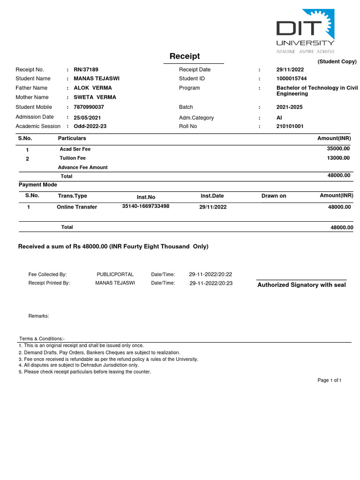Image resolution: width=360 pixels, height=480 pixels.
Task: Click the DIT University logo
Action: (x=305, y=31)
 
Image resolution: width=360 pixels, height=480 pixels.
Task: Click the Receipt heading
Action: (x=185, y=56)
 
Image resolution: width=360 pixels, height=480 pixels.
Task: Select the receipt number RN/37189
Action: (x=86, y=69)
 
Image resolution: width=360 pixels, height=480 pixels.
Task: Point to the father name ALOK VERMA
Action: (x=93, y=88)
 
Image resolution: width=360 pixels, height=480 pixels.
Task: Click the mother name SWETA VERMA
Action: (x=95, y=97)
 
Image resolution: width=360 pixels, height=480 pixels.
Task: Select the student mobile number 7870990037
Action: (x=89, y=107)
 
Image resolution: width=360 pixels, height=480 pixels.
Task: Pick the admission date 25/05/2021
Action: (x=87, y=118)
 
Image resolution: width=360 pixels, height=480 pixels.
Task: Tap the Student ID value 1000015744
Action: (x=292, y=78)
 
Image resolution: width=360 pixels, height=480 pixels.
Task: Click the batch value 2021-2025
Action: (x=290, y=107)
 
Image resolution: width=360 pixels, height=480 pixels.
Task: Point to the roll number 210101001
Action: (x=290, y=126)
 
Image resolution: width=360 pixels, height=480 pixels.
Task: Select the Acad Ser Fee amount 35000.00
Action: (x=338, y=148)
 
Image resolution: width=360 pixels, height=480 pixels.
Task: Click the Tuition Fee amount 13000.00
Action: (x=338, y=158)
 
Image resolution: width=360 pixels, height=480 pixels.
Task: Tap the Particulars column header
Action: (x=72, y=138)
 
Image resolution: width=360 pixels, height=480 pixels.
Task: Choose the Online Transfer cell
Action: (x=77, y=207)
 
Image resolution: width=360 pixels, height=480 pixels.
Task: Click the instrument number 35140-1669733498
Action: (x=146, y=206)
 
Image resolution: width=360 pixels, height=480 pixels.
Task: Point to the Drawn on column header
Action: (x=274, y=196)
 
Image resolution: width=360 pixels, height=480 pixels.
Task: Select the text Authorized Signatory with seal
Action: (x=302, y=285)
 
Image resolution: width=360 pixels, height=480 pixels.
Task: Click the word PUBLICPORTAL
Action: (x=115, y=274)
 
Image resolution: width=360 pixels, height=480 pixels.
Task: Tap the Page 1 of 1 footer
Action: (x=330, y=380)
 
